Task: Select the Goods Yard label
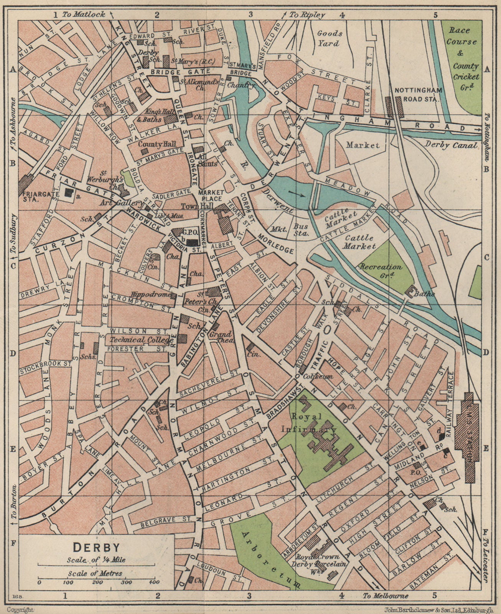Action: coord(329,38)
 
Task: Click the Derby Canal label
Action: coord(451,145)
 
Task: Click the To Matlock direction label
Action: coord(84,15)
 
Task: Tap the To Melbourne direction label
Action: coord(386,596)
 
